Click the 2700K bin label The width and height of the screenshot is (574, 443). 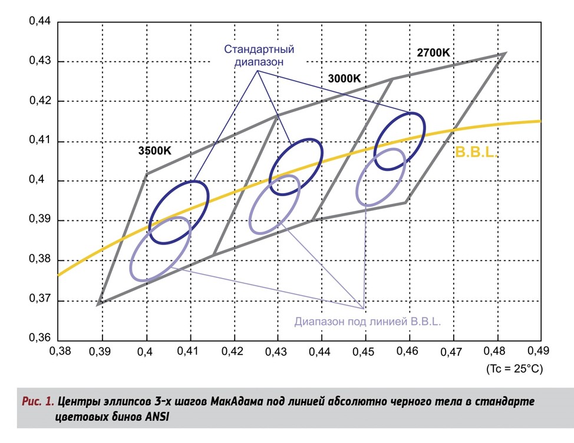click(x=433, y=52)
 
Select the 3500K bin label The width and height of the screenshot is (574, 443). click(x=155, y=150)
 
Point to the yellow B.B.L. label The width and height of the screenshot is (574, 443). click(x=476, y=152)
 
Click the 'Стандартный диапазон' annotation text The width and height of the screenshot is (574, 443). click(x=259, y=55)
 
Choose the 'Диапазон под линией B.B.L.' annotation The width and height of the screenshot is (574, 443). click(x=368, y=322)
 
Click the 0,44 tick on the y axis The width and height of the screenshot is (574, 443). click(x=41, y=22)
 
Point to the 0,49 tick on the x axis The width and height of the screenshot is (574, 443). click(x=540, y=352)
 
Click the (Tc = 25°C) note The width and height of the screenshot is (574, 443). click(x=513, y=369)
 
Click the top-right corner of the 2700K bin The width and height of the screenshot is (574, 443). click(x=505, y=54)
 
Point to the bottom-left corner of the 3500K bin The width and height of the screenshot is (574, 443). click(x=100, y=304)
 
